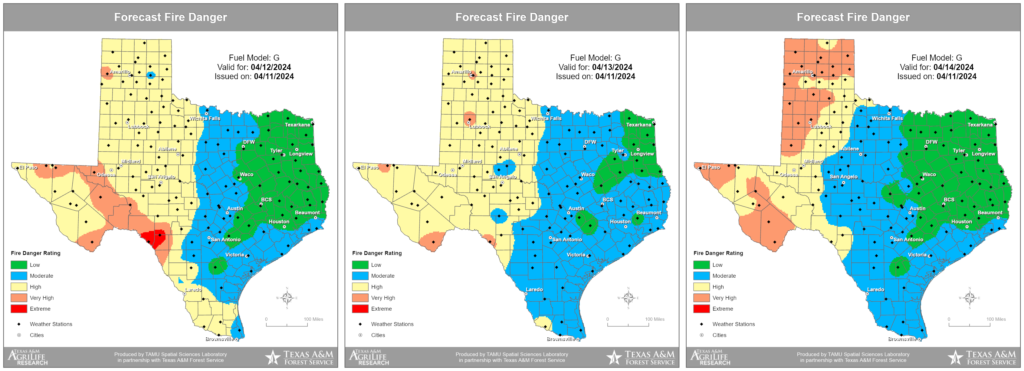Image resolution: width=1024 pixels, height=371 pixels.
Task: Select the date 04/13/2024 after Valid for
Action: [x=612, y=67]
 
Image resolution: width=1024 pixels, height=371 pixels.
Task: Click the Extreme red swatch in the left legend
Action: [x=19, y=309]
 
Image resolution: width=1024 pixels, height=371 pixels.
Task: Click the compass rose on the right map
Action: [x=969, y=298]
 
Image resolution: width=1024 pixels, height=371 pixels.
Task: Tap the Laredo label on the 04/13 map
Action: [x=534, y=289]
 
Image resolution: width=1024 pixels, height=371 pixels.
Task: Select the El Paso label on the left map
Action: [x=28, y=168]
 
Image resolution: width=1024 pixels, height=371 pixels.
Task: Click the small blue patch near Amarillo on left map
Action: [x=151, y=75]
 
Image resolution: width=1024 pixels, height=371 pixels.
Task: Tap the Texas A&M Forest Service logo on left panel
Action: [x=300, y=357]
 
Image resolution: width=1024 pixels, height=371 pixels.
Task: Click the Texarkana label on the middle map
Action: [x=638, y=125]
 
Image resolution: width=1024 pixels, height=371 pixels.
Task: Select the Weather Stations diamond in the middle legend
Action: [x=360, y=324]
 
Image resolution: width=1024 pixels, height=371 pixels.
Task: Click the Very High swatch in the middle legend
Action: [x=360, y=298]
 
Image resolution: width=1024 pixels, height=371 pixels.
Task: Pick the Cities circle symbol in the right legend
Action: [x=702, y=335]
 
